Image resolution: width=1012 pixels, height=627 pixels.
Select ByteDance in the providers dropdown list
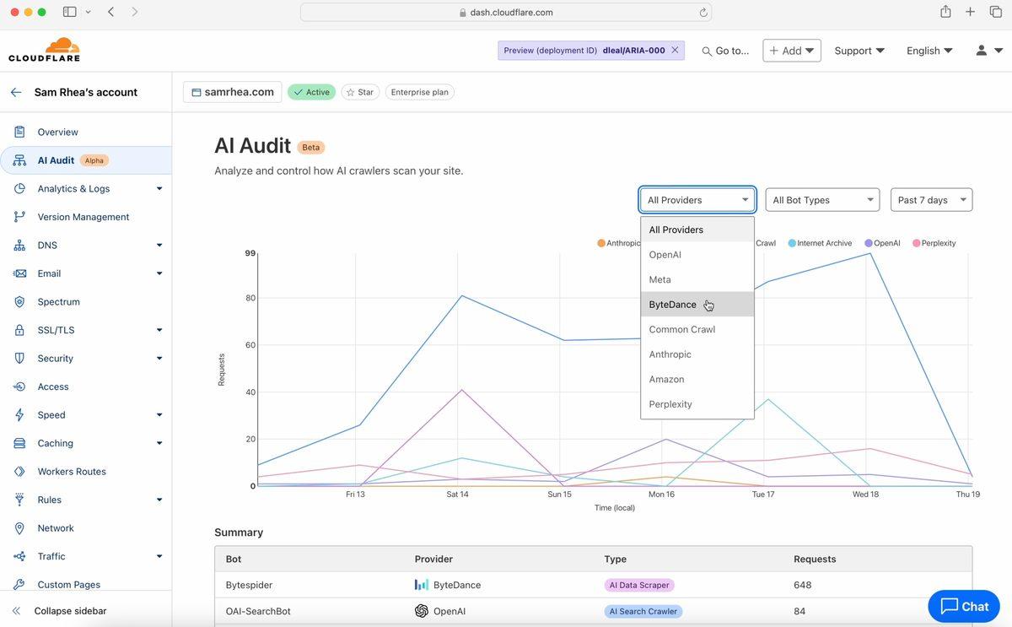(x=673, y=305)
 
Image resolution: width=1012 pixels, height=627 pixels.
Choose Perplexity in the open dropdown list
(x=670, y=404)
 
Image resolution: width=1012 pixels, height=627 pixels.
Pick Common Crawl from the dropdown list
(x=681, y=329)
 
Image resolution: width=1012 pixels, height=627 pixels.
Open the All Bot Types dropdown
(x=821, y=200)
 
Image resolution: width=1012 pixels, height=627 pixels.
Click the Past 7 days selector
(x=931, y=200)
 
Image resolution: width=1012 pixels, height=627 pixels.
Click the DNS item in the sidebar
(x=47, y=246)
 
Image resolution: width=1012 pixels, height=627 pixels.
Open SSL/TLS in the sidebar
(x=56, y=330)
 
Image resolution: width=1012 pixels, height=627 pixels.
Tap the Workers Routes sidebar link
(x=72, y=472)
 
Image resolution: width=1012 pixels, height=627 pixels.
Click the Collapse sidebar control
(x=70, y=611)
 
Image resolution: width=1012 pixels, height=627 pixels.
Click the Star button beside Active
(x=360, y=92)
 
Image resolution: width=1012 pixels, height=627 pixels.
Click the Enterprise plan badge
(x=419, y=92)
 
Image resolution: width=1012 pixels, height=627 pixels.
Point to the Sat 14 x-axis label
(x=457, y=495)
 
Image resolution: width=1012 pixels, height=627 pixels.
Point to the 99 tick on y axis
(x=250, y=253)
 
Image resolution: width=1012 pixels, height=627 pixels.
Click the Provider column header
(x=433, y=559)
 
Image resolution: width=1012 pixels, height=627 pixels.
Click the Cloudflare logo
(x=44, y=50)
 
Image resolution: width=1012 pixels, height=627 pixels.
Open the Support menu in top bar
(x=859, y=51)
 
